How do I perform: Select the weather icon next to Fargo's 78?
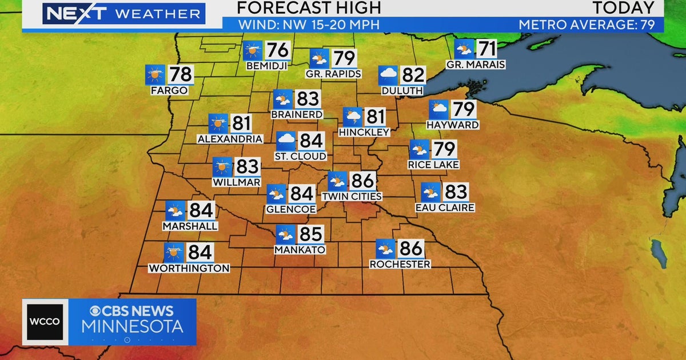[x=155, y=74]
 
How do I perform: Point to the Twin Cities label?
[x=352, y=197]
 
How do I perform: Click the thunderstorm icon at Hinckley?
[x=352, y=117]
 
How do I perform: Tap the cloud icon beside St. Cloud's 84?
[x=286, y=141]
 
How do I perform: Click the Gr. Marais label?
[x=476, y=65]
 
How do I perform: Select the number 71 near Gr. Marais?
[x=486, y=48]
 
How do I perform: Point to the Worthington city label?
[x=189, y=268]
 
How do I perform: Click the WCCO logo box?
[x=45, y=322]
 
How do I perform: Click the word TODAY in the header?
[x=623, y=8]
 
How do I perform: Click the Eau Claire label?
[x=445, y=207]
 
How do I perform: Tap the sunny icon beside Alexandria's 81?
[x=218, y=123]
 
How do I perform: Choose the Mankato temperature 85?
[x=311, y=234]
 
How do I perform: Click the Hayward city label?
[x=452, y=125]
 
